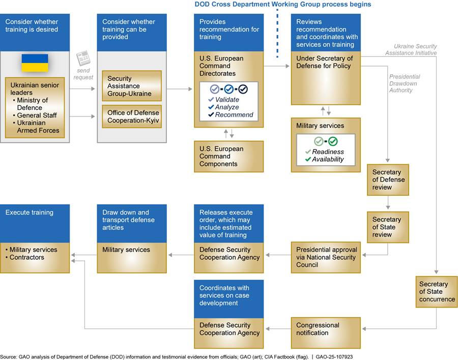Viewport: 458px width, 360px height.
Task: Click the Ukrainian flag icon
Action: pyautogui.click(x=35, y=63)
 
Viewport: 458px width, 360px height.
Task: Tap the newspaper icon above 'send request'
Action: pyautogui.click(x=83, y=58)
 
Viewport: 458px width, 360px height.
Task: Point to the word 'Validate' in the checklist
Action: pyautogui.click(x=226, y=100)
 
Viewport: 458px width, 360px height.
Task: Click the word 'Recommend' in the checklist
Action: pyautogui.click(x=234, y=115)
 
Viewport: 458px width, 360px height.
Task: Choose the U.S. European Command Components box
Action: pyautogui.click(x=228, y=156)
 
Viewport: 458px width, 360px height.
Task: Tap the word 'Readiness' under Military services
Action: pyautogui.click(x=328, y=152)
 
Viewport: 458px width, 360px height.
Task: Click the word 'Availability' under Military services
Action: pyautogui.click(x=328, y=159)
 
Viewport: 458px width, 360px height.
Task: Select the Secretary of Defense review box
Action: pyautogui.click(x=388, y=179)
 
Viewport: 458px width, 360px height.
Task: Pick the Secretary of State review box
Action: pyautogui.click(x=388, y=227)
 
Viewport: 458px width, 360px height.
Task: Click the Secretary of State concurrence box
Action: pyautogui.click(x=437, y=292)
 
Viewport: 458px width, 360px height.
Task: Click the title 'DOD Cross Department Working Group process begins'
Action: pyautogui.click(x=283, y=5)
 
